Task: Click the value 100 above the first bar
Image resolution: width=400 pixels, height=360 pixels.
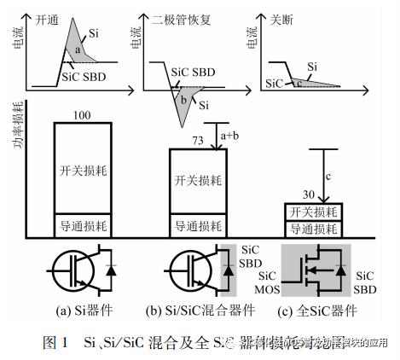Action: [81, 114]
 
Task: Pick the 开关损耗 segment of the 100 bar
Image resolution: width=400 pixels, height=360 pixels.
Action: [81, 167]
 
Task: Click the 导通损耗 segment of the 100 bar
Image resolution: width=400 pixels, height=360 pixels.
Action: [81, 226]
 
